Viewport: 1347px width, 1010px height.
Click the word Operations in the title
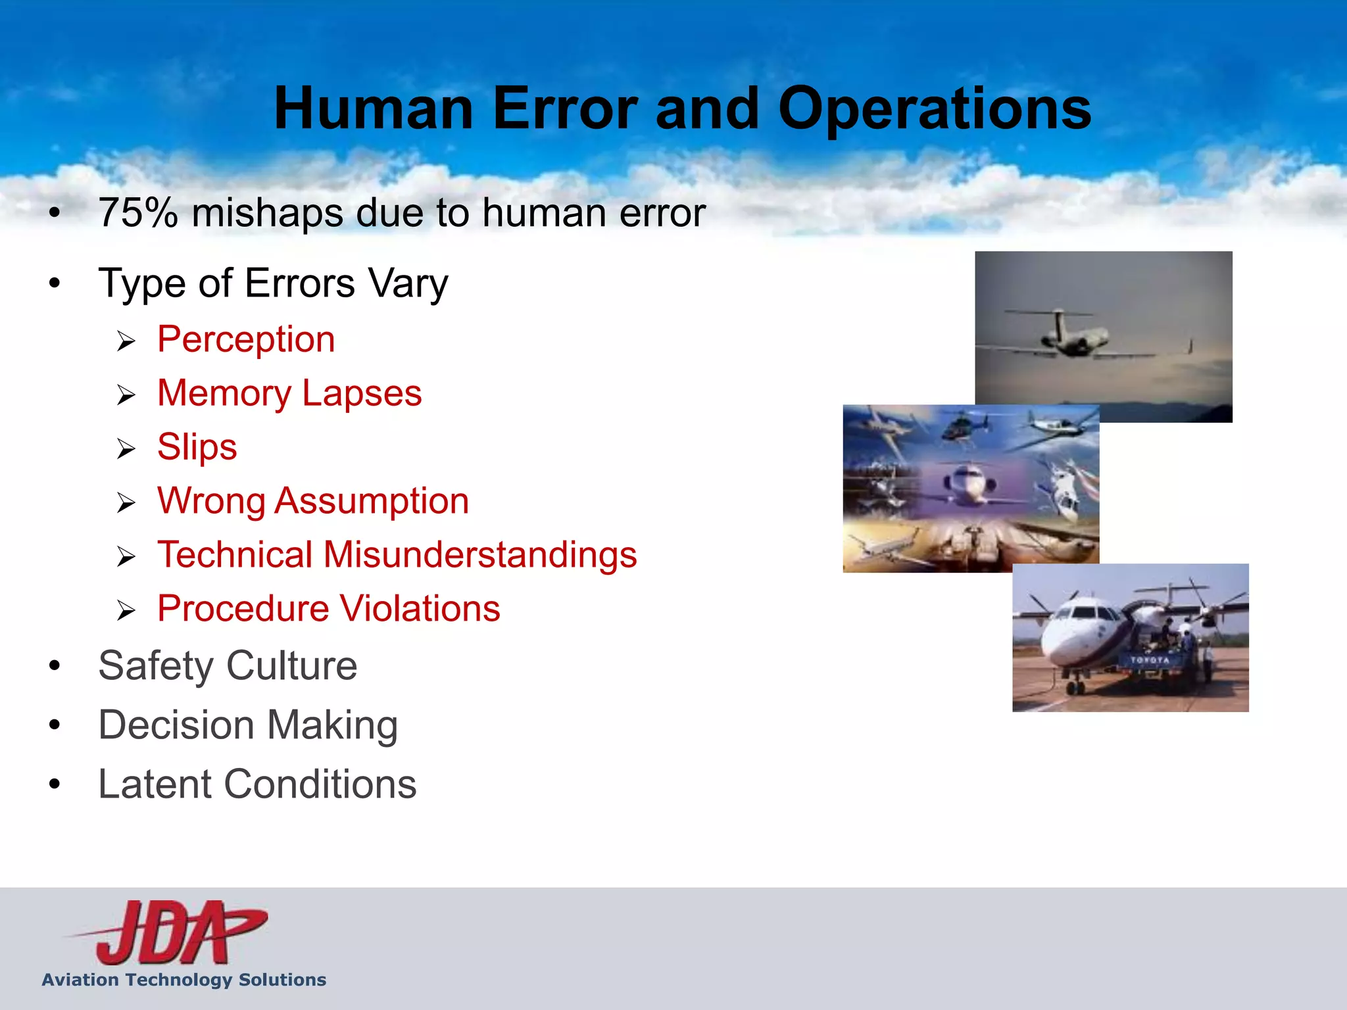click(x=934, y=110)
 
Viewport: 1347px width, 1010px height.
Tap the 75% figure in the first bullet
click(x=138, y=213)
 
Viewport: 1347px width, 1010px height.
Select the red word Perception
click(x=246, y=340)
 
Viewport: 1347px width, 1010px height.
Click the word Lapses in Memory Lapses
click(x=362, y=393)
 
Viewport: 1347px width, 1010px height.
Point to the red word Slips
click(x=197, y=447)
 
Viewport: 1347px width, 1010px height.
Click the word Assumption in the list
click(x=372, y=501)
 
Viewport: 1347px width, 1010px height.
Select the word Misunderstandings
click(x=479, y=554)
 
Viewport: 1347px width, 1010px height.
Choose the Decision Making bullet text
click(x=248, y=725)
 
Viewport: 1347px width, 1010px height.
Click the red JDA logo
click(x=171, y=932)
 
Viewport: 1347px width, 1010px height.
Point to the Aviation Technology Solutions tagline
click(x=184, y=980)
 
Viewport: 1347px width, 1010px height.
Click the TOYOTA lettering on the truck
click(x=1150, y=660)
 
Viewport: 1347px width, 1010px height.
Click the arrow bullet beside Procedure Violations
click(x=126, y=611)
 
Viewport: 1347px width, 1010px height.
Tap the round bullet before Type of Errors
click(x=55, y=283)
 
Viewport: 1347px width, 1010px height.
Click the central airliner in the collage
click(x=967, y=487)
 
